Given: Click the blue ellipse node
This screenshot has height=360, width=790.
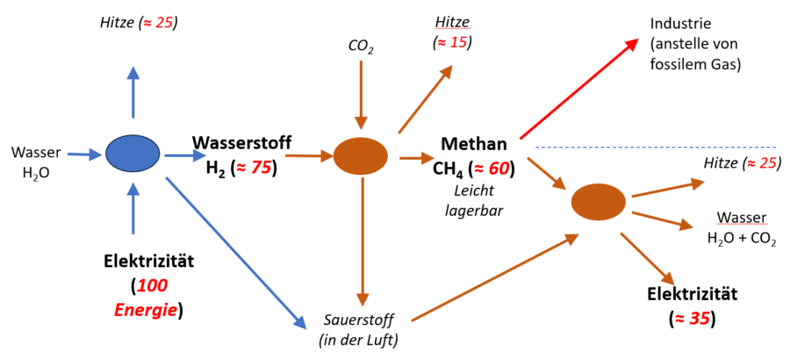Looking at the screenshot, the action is point(133,155).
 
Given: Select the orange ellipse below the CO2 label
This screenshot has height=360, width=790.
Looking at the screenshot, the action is point(360,155).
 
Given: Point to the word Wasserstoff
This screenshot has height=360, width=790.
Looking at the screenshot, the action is point(242,144).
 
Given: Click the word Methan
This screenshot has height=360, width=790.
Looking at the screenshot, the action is point(474,144).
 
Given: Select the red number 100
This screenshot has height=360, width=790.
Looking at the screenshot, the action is point(153,287).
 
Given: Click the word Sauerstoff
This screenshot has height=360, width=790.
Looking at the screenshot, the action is point(358,320).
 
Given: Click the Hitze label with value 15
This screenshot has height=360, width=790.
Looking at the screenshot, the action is point(452,32).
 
